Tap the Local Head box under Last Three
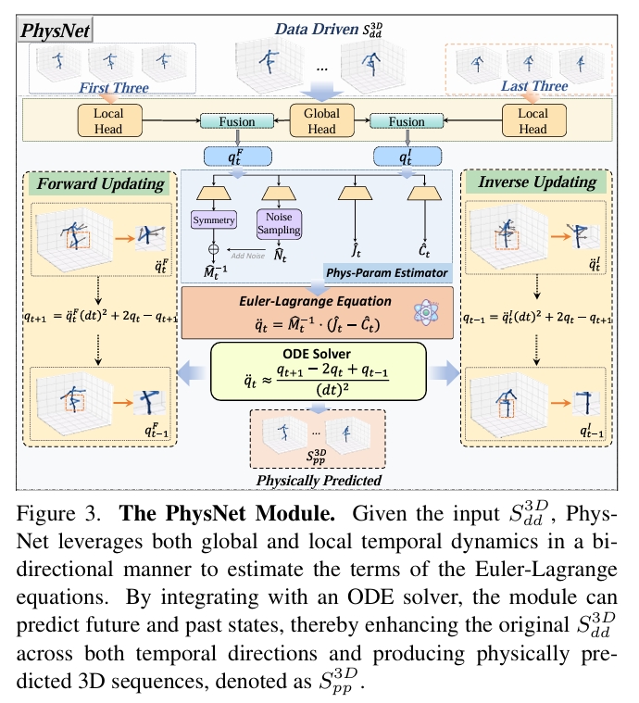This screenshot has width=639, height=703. point(532,121)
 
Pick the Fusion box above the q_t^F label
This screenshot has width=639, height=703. point(227,121)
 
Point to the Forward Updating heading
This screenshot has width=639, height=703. point(102,182)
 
